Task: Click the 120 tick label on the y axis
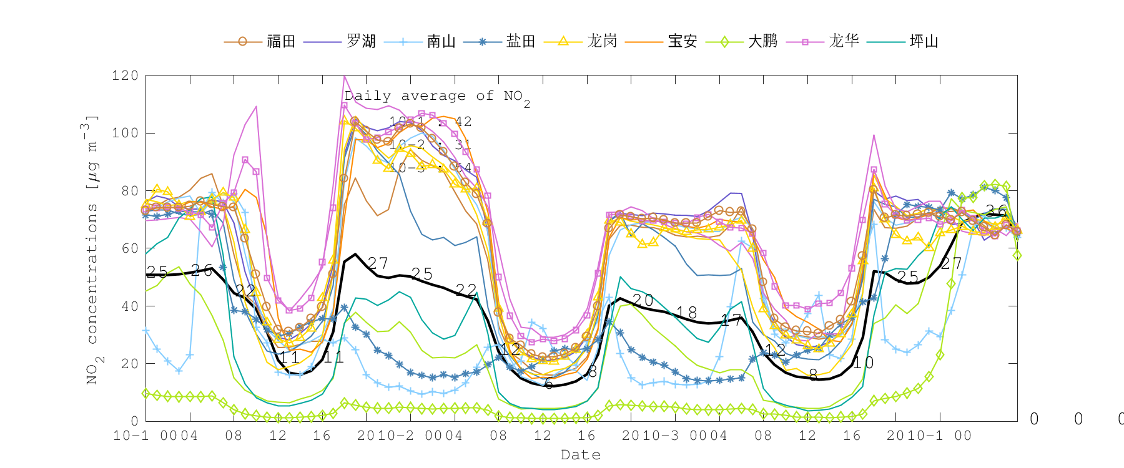[x=125, y=76]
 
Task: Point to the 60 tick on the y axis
[x=129, y=248]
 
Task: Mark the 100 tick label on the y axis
[x=125, y=133]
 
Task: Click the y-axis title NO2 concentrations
[x=92, y=250]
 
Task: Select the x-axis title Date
[x=581, y=455]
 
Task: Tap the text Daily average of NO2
[x=437, y=97]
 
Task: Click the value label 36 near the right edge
[x=997, y=211]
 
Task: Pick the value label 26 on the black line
[x=202, y=270]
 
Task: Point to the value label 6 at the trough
[x=548, y=384]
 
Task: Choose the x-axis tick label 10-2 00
[x=410, y=436]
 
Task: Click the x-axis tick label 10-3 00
[x=674, y=436]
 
